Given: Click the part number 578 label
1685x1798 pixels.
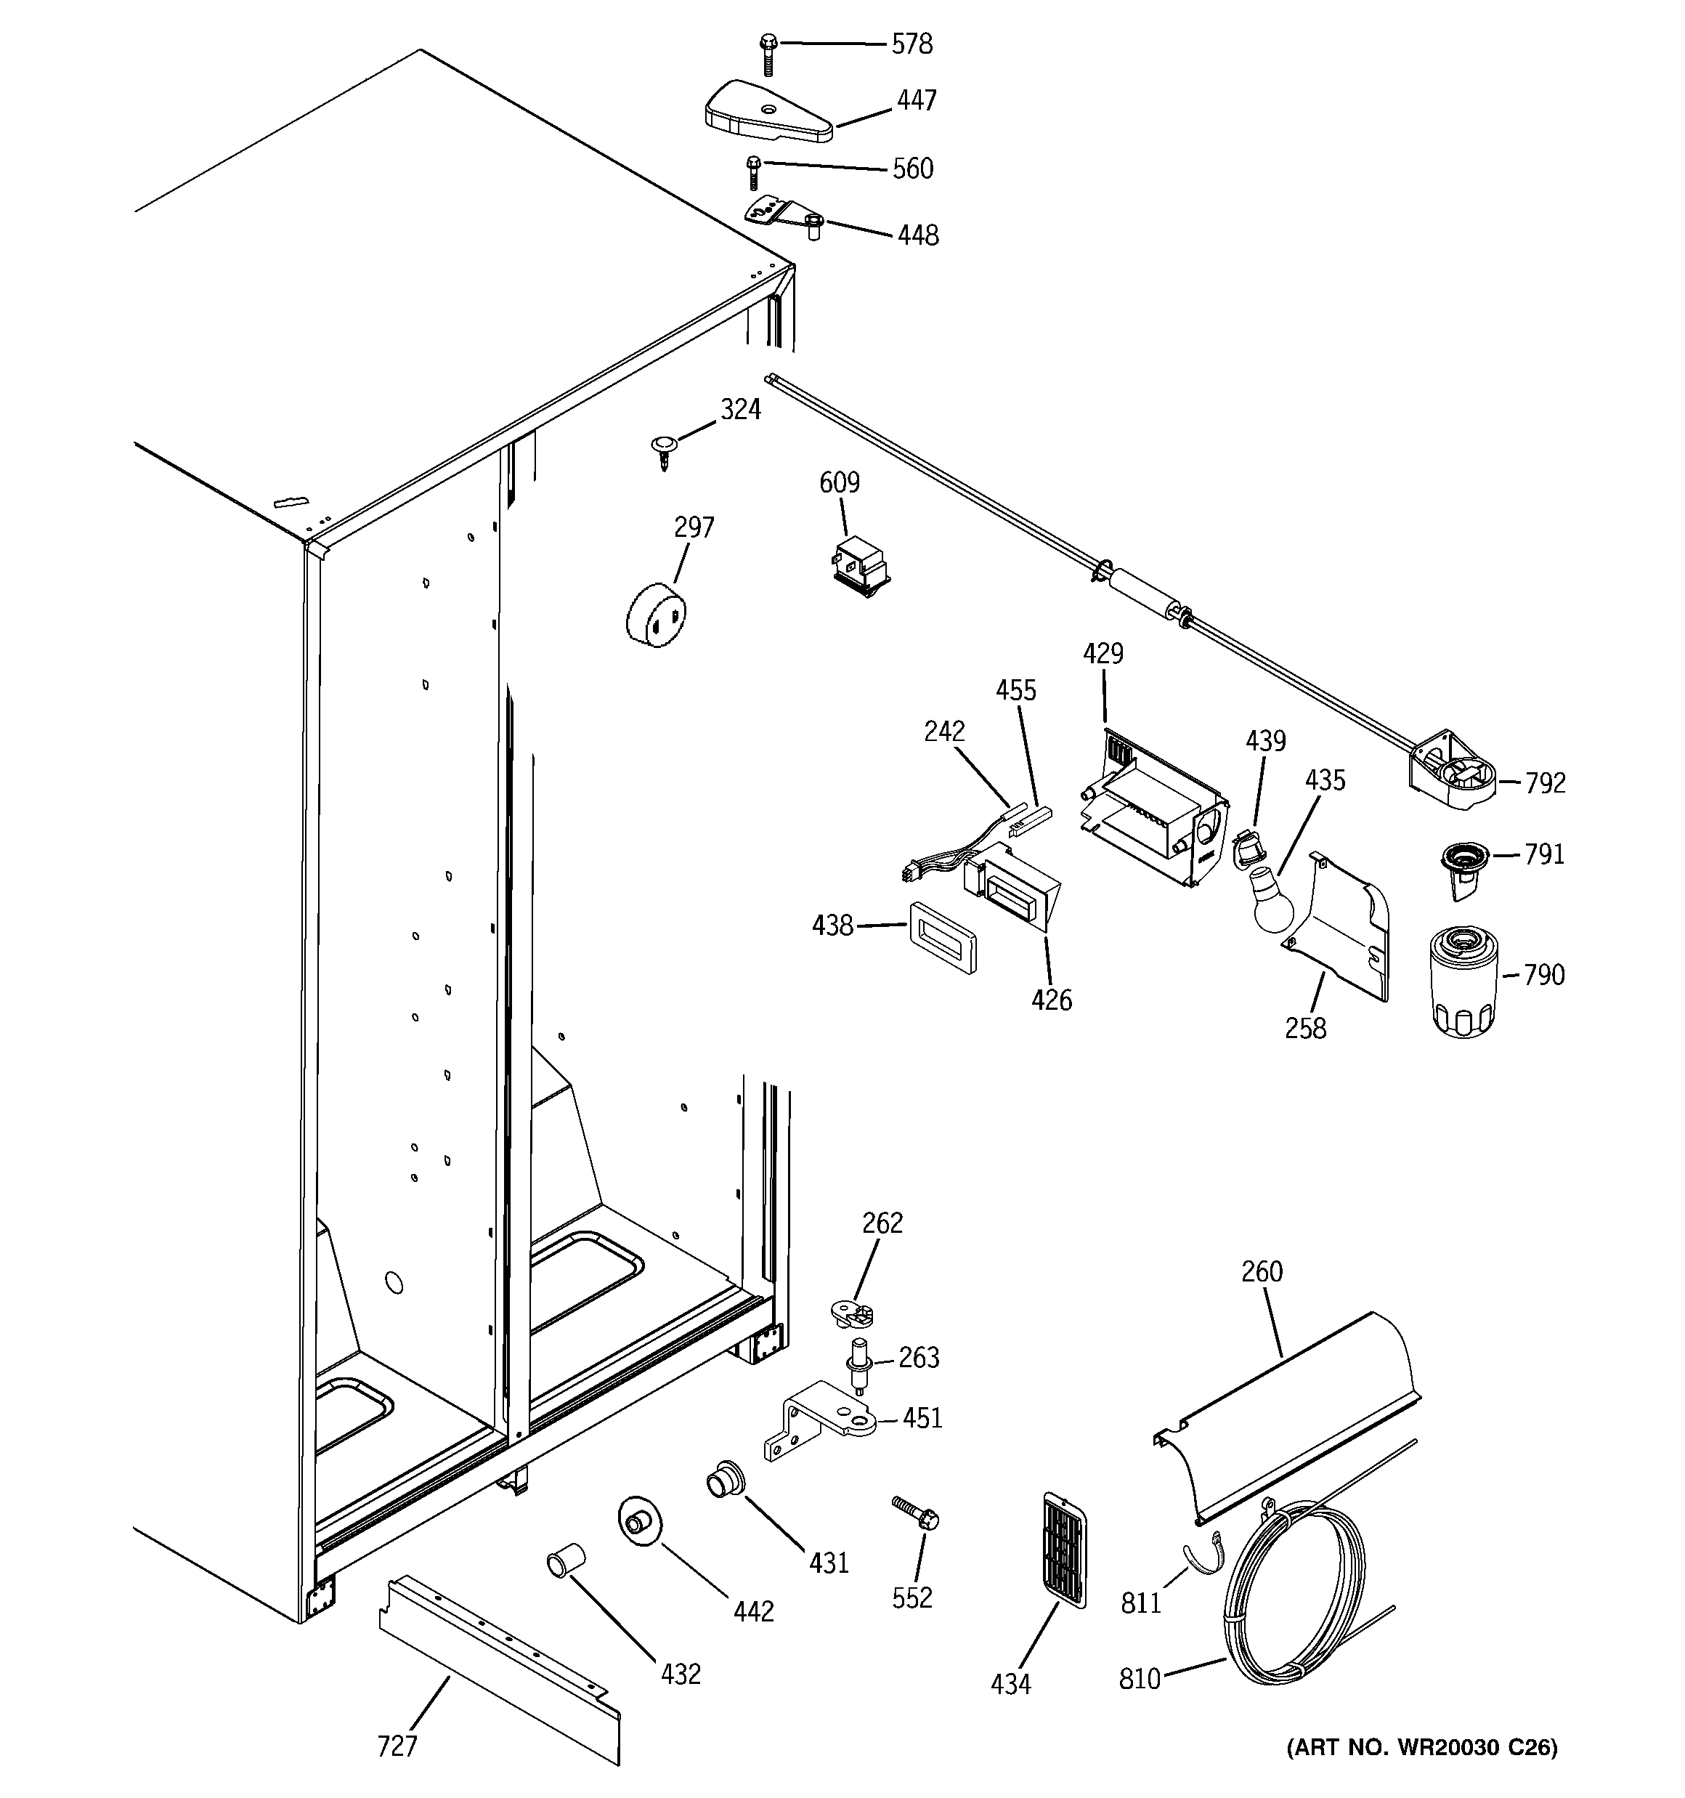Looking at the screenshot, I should [x=911, y=44].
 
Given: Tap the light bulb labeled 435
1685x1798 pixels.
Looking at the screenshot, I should [x=1269, y=898].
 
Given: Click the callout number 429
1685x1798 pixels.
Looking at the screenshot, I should [x=1103, y=654].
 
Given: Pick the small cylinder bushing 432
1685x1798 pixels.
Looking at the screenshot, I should [x=565, y=1562].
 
